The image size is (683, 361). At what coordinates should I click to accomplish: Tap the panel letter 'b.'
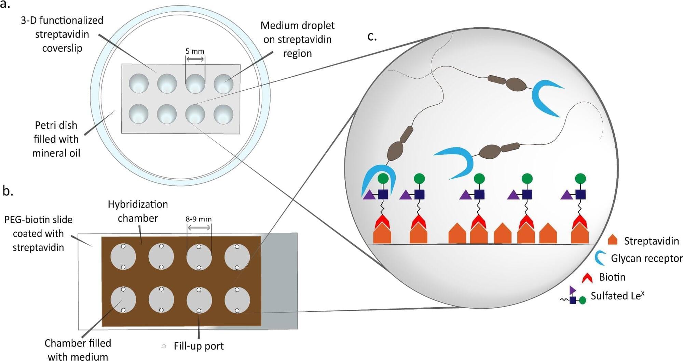(x=8, y=191)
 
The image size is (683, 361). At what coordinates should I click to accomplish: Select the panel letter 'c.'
(x=372, y=36)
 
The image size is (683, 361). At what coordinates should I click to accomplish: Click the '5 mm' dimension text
(x=195, y=51)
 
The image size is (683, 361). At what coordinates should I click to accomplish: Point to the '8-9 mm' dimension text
(x=199, y=219)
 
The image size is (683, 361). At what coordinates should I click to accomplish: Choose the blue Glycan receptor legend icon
(x=600, y=258)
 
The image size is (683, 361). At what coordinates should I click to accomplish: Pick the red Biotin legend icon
(x=587, y=277)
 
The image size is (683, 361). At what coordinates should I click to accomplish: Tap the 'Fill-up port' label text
(x=199, y=346)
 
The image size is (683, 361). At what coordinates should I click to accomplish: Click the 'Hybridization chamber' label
(x=138, y=211)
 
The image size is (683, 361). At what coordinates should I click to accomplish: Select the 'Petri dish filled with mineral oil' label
(x=56, y=139)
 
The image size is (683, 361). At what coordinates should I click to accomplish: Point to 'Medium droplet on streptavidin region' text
(x=297, y=39)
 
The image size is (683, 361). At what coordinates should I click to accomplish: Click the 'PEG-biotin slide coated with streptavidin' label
(x=38, y=233)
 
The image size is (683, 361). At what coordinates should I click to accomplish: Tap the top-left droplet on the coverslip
(x=139, y=83)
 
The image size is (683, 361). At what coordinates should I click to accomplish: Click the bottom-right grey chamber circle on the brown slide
(x=237, y=300)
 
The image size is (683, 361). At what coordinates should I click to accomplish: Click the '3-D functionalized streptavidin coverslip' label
(x=62, y=34)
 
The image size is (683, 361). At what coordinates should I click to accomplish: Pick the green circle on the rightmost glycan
(x=580, y=178)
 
